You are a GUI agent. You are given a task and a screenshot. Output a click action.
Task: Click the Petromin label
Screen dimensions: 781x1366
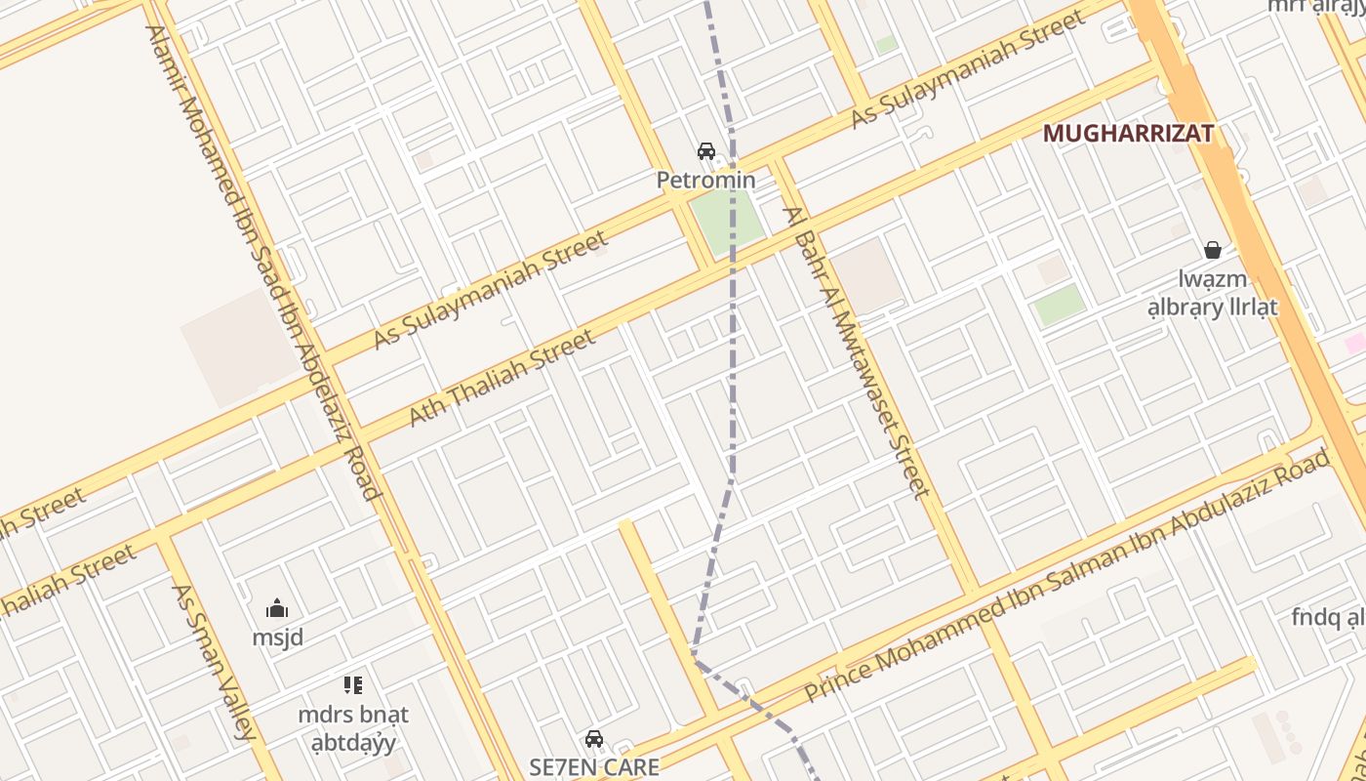click(705, 180)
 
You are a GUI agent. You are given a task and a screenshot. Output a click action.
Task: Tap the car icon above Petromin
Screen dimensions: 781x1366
click(705, 151)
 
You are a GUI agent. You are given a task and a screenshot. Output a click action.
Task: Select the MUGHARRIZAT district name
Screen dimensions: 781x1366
click(1128, 134)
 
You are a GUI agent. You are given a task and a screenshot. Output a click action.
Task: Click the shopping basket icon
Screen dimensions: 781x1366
click(1213, 251)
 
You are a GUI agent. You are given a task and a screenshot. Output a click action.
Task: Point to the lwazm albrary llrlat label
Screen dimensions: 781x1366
click(1212, 294)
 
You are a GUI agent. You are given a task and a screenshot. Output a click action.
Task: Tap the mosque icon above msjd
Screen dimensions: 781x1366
click(277, 609)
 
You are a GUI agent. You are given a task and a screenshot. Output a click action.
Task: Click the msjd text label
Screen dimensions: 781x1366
click(278, 637)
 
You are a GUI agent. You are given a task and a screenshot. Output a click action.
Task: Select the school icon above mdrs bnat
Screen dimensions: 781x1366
click(353, 685)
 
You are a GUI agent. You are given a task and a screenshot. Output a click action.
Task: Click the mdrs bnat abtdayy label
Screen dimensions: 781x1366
click(353, 728)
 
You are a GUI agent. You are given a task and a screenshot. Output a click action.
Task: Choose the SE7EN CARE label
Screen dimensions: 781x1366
click(594, 766)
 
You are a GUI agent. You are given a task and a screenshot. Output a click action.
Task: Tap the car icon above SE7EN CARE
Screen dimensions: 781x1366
click(594, 738)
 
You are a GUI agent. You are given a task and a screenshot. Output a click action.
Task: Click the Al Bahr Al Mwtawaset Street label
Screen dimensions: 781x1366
click(859, 351)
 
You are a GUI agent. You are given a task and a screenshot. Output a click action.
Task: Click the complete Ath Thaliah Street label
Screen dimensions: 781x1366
click(502, 378)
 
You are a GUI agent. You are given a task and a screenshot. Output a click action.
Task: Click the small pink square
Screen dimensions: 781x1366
click(1354, 343)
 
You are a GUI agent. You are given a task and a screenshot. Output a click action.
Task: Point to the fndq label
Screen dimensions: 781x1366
click(1327, 617)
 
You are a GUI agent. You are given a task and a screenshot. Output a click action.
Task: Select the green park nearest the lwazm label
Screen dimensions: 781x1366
click(1060, 306)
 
